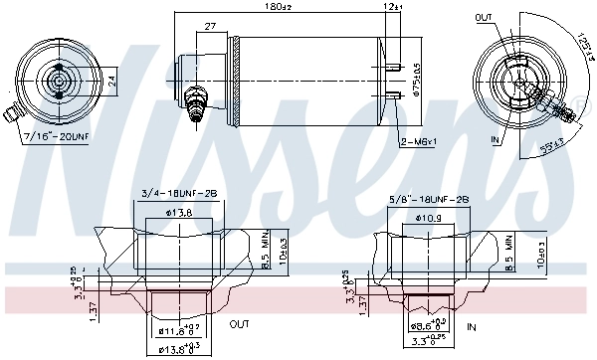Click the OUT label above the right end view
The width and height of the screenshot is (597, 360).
coord(485,18)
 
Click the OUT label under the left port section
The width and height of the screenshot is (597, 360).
coord(239,324)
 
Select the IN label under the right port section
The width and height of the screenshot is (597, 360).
coord(472,325)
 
